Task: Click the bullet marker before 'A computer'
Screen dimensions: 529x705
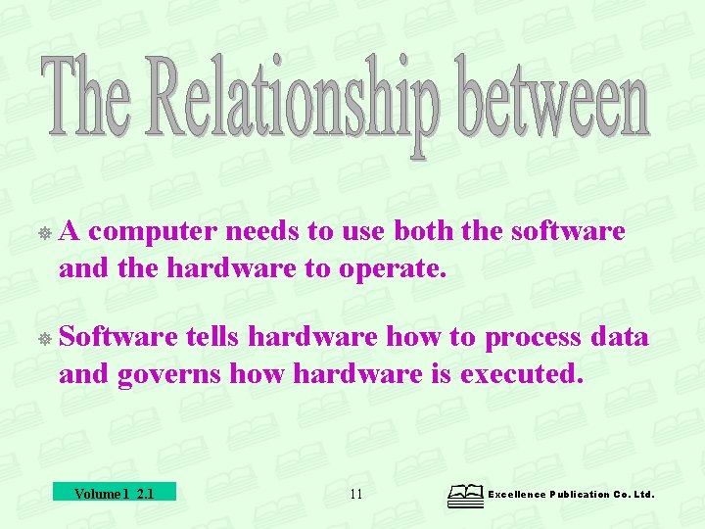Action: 45,233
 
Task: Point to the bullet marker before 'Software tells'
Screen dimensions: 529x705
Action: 45,339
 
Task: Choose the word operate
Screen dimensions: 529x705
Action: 391,267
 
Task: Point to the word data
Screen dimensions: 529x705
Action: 621,337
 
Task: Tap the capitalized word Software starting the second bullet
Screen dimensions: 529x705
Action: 117,337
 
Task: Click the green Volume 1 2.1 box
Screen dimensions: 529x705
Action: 114,493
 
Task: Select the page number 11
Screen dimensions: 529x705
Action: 355,494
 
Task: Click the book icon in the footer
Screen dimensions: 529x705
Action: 465,496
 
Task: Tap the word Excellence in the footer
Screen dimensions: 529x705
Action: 519,495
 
